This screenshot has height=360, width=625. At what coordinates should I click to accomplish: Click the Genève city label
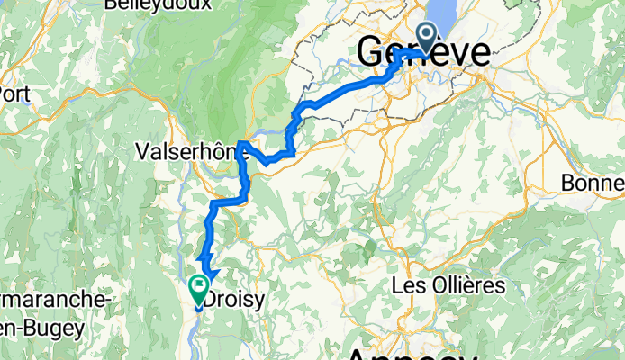pyautogui.click(x=424, y=52)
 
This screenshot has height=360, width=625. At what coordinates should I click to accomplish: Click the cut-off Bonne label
pyautogui.click(x=593, y=183)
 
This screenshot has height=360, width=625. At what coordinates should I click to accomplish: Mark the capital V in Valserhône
pyautogui.click(x=140, y=150)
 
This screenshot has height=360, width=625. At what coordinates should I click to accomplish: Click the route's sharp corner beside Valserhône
pyautogui.click(x=243, y=144)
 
